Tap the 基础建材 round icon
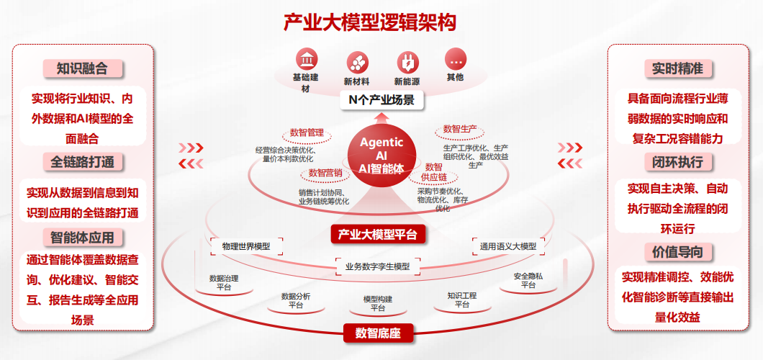pos(310,60)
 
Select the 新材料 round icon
pos(357,60)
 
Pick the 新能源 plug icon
pos(407,60)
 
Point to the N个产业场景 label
pos(381,100)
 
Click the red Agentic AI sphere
pos(381,156)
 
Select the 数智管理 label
pos(307,132)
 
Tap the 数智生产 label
pos(459,130)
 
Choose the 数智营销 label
pos(326,173)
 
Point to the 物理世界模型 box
pos(246,246)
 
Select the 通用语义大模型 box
pos(507,246)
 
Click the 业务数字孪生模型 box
pos(377,266)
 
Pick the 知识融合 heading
pos(82,68)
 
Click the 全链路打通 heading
pos(82,161)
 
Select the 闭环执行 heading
pos(677,161)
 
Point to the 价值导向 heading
pos(677,252)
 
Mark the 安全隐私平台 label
pos(528,280)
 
